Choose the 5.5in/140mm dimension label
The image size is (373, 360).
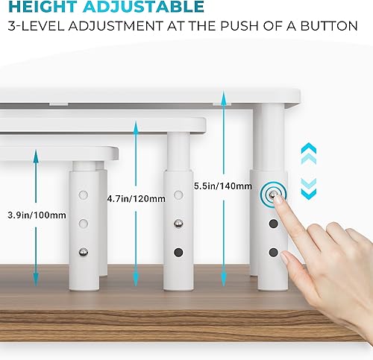click(215, 186)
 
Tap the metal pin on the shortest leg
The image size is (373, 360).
click(84, 251)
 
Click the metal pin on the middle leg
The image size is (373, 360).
click(178, 224)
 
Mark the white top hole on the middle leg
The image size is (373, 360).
click(178, 197)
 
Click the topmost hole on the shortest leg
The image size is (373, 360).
click(84, 195)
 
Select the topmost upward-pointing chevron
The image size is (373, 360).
click(308, 149)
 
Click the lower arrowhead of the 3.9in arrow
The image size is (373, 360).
click(35, 282)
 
